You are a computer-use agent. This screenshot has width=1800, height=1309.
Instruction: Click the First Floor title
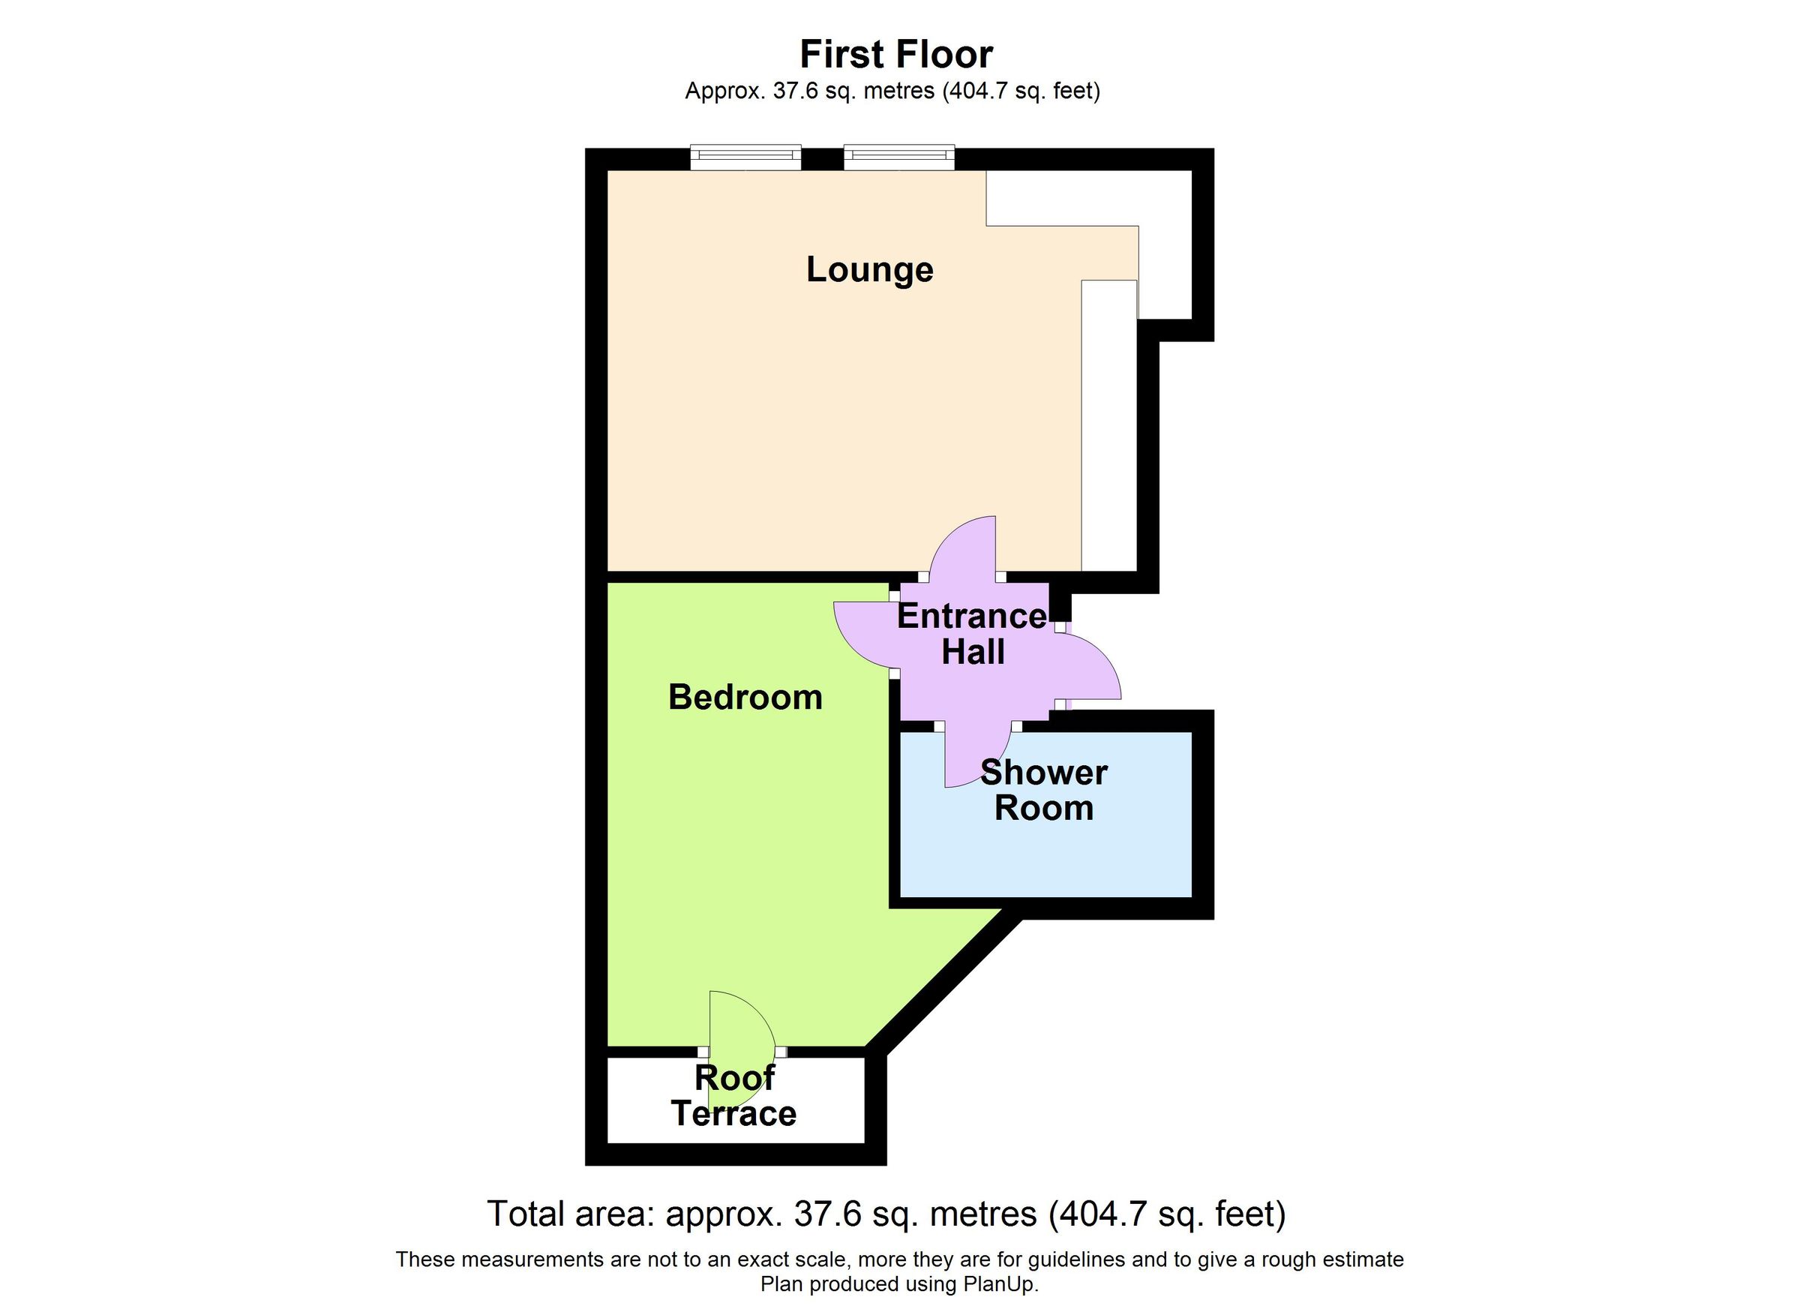pos(895,55)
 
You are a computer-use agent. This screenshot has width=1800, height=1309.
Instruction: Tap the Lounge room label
pos(870,269)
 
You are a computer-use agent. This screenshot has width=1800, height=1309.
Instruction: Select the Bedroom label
pos(745,697)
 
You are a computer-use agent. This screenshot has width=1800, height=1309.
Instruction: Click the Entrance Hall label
pos(972,633)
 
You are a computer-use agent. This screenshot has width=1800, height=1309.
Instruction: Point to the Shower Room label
pos(1044,791)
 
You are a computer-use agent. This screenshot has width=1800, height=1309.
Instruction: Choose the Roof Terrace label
pos(734,1096)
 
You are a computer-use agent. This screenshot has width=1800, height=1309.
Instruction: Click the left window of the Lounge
pos(745,158)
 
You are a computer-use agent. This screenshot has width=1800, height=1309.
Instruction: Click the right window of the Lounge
pos(898,158)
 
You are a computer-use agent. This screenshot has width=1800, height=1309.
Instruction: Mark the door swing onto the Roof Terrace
pos(738,1024)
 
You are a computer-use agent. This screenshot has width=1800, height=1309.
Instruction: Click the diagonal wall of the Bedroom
pos(944,984)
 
